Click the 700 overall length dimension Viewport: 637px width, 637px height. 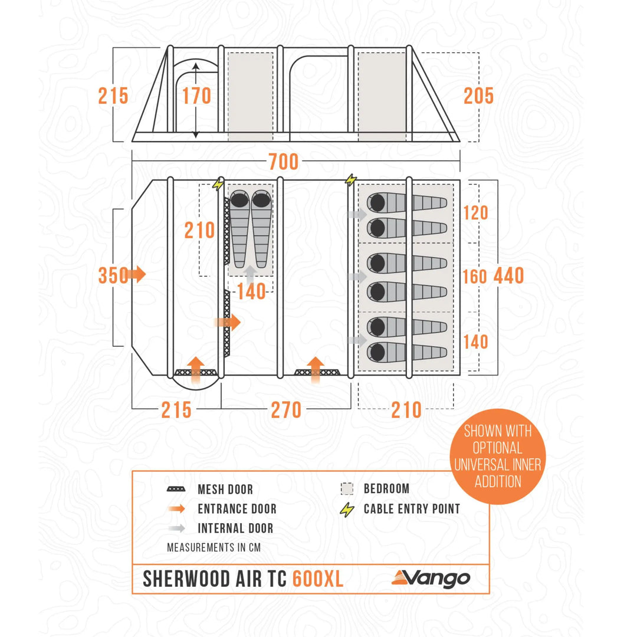[x=284, y=162]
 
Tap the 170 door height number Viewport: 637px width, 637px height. [x=196, y=96]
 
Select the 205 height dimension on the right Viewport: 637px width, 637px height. [x=478, y=96]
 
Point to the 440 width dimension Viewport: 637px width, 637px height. [x=508, y=276]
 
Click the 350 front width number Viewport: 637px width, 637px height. [x=113, y=275]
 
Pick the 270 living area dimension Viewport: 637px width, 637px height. [x=286, y=411]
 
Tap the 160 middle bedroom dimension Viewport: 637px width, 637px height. [x=474, y=277]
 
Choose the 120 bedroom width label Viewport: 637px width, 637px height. [x=476, y=213]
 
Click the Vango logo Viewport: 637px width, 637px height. [x=431, y=579]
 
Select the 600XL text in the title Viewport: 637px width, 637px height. [x=318, y=579]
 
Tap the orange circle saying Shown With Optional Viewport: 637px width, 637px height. [x=498, y=457]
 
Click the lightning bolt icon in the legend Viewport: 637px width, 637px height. [x=347, y=510]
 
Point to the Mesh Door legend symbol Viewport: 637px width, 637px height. [x=176, y=489]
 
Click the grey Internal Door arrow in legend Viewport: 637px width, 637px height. [x=177, y=528]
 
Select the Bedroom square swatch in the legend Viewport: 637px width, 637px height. [x=347, y=489]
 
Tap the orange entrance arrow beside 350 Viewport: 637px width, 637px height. [x=136, y=274]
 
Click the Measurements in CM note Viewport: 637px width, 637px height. [x=214, y=547]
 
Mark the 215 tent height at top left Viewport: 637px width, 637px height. [x=113, y=96]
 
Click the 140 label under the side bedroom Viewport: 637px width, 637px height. [x=251, y=292]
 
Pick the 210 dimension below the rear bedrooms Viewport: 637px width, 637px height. [x=406, y=411]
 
